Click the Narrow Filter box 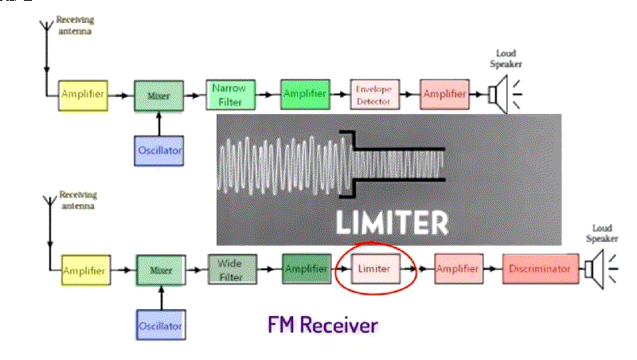pos(230,95)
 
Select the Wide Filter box pos(233,269)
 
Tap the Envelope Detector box pos(374,94)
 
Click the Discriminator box pos(541,269)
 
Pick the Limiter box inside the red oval pos(374,269)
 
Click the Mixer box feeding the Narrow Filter pos(159,95)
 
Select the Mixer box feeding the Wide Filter pos(161,270)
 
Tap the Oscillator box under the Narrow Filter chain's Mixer pos(159,149)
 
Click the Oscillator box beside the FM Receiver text pos(160,325)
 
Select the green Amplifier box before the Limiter pos(306,269)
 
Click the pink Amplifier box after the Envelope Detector pos(444,94)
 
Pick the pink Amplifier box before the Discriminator pos(457,269)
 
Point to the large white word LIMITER pos(391,221)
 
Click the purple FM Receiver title pos(322,325)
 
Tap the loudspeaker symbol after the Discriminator pos(596,268)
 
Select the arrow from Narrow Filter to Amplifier pos(268,95)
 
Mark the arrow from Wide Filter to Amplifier pos(271,270)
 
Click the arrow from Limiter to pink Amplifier pos(423,270)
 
